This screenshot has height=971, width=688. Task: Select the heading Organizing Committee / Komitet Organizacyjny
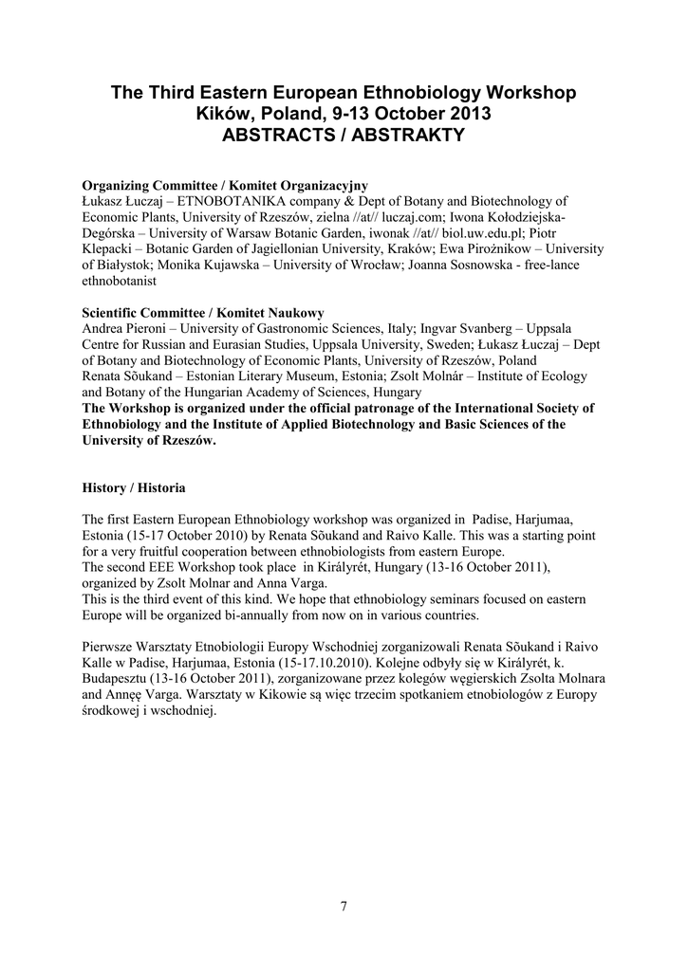point(225,185)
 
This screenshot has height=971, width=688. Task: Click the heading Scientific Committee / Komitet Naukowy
point(203,312)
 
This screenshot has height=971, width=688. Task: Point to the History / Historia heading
point(134,487)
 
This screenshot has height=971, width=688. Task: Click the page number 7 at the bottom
point(344,906)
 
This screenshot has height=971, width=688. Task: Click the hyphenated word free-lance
point(550,266)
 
